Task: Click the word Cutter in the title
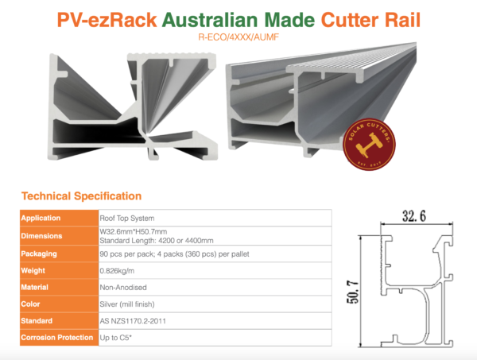click(350, 20)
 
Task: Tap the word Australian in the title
click(210, 20)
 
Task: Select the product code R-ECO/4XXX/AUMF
click(238, 37)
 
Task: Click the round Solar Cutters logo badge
click(369, 144)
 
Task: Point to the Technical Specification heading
click(82, 196)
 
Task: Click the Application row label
click(41, 218)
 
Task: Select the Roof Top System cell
click(127, 219)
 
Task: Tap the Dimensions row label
click(41, 236)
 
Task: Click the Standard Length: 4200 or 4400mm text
click(157, 241)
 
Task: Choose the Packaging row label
click(39, 254)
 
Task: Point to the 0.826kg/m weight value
click(117, 271)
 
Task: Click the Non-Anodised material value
click(123, 288)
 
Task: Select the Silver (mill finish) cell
click(127, 304)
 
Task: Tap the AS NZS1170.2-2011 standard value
click(133, 321)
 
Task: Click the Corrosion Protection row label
click(57, 338)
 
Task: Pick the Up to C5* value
click(115, 338)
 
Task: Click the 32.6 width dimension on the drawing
click(414, 216)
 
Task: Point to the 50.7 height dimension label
click(353, 292)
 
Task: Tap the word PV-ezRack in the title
click(107, 20)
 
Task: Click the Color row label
click(30, 304)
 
